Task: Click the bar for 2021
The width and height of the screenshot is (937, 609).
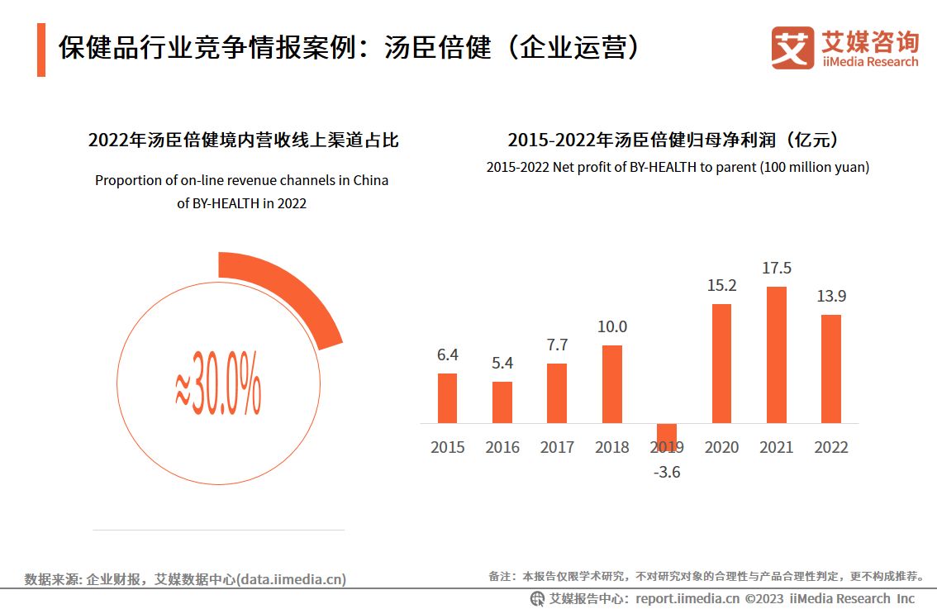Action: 776,354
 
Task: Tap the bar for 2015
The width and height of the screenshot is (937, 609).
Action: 447,398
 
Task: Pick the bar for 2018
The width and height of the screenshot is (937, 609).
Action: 611,384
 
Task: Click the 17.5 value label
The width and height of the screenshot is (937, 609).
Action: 776,268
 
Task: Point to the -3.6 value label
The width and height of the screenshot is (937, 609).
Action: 666,473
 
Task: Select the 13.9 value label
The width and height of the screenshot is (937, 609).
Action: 830,296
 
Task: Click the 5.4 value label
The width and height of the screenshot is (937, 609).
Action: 502,363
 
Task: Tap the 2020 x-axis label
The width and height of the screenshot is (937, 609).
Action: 721,447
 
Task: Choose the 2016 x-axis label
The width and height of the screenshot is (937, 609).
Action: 502,447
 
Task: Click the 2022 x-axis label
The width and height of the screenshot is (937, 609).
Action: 830,447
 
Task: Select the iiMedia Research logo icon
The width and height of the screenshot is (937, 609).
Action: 792,48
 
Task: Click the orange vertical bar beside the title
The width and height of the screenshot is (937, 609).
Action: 41,50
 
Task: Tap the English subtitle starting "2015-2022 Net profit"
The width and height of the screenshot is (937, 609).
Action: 678,167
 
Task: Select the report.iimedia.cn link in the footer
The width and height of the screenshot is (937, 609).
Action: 687,598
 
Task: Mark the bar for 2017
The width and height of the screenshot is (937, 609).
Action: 557,393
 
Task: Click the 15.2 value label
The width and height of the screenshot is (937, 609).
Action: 721,285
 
